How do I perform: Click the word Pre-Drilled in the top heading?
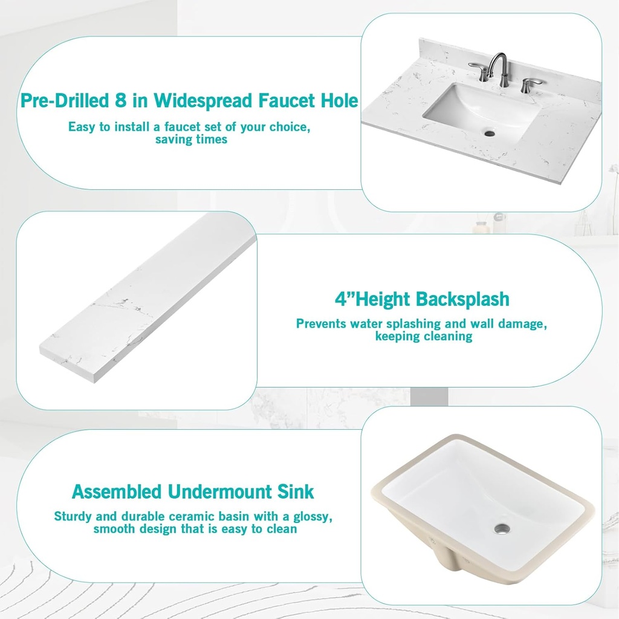[64, 100]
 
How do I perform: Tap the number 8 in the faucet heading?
[120, 100]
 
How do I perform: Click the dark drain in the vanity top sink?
[490, 134]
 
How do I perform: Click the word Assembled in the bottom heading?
[117, 492]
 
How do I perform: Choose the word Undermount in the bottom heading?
[220, 492]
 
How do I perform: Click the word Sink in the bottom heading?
[295, 492]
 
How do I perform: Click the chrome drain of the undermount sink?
[502, 528]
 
